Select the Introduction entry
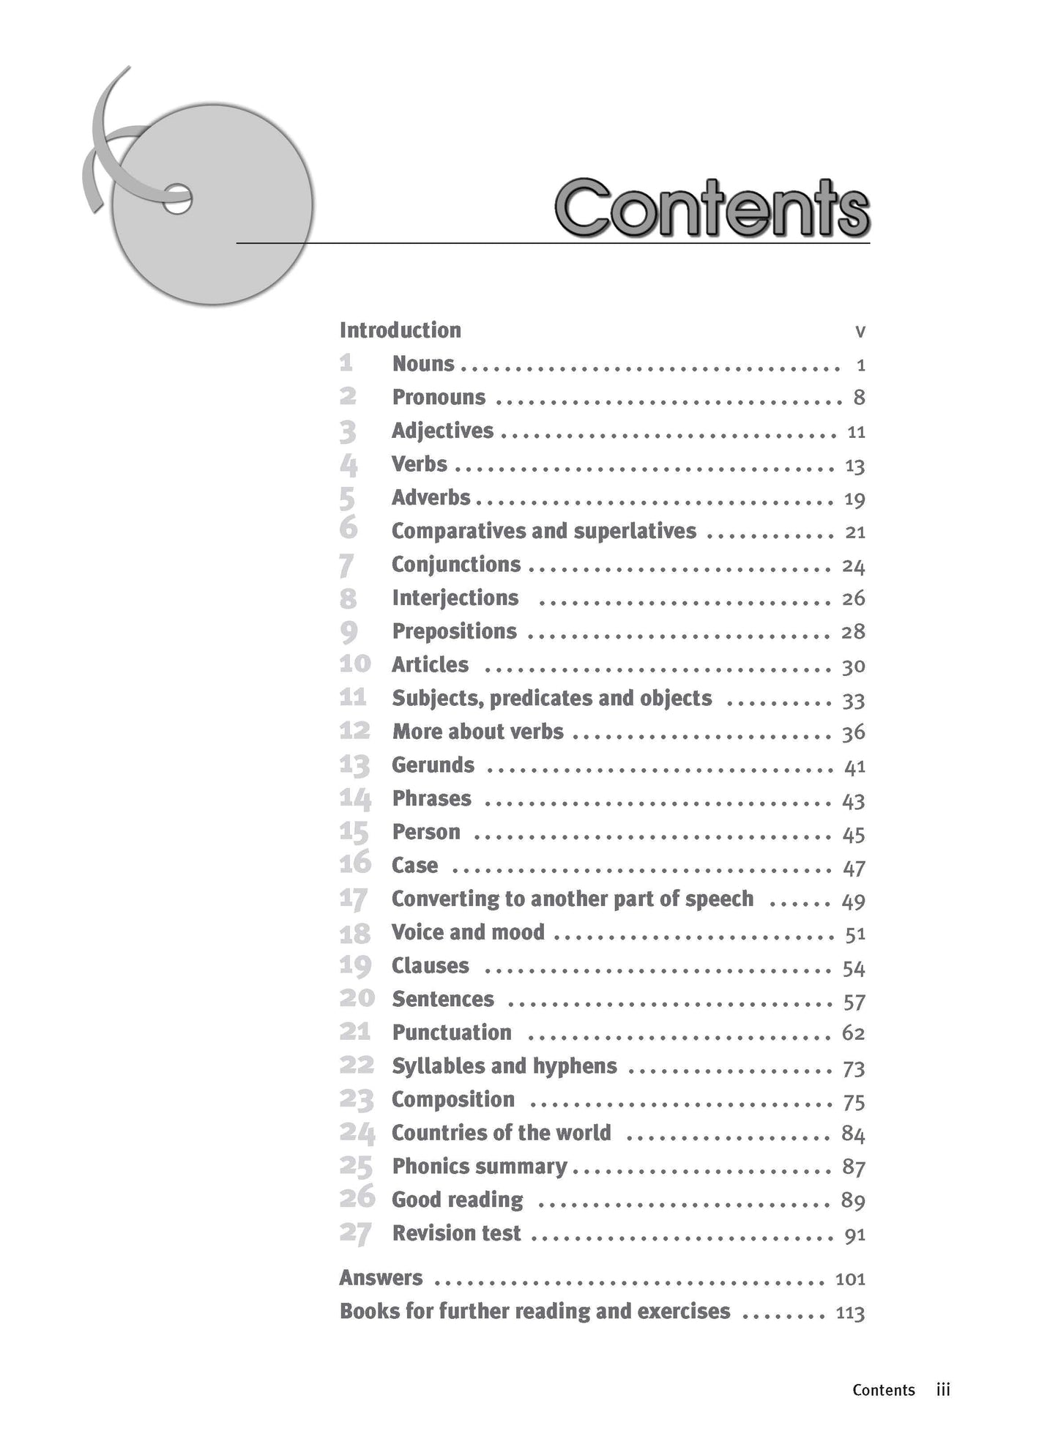(x=400, y=330)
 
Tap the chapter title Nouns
(x=423, y=364)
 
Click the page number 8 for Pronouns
(x=859, y=398)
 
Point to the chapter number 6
(x=349, y=528)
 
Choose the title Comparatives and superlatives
(x=543, y=531)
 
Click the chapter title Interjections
(x=455, y=598)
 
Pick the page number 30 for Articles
(x=854, y=666)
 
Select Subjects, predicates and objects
(x=551, y=699)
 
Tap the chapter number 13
(x=354, y=766)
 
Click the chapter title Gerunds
(x=433, y=765)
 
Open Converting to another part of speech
(x=572, y=899)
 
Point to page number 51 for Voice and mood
(x=855, y=934)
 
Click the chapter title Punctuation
(x=452, y=1033)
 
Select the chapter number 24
(x=357, y=1134)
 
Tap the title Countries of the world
(x=501, y=1133)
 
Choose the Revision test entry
(x=456, y=1233)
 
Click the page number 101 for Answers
(x=850, y=1279)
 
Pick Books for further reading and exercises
(x=534, y=1311)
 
